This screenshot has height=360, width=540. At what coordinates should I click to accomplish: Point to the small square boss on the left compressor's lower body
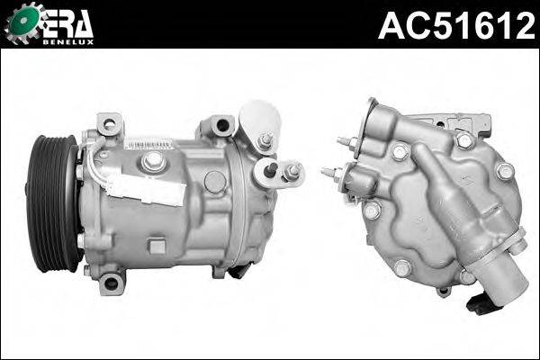157,245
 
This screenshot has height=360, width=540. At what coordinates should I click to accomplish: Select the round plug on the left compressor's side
214,181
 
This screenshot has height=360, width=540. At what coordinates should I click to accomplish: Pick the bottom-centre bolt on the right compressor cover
401,268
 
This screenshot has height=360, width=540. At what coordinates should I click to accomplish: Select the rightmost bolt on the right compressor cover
504,171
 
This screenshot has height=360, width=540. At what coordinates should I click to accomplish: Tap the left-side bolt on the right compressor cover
372,210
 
